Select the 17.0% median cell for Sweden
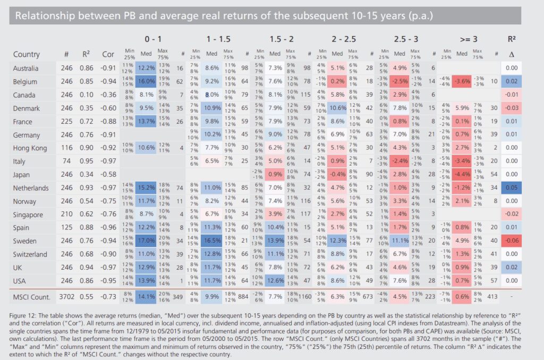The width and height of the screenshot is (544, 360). pos(147,241)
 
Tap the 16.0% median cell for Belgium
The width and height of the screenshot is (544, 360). pos(147,81)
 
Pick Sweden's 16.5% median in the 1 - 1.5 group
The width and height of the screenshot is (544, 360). pos(212,241)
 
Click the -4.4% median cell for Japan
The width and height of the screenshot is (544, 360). pos(462,174)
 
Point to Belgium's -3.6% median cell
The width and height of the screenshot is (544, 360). pos(462,81)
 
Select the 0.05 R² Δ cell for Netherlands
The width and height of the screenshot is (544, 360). pos(512,187)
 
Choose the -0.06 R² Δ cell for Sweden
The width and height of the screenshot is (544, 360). pos(512,241)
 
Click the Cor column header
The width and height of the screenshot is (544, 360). pos(108,54)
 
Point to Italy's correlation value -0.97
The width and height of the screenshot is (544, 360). pos(108,160)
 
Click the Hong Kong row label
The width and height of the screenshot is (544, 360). pos(30,147)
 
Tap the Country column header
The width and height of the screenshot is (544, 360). pos(27,54)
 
